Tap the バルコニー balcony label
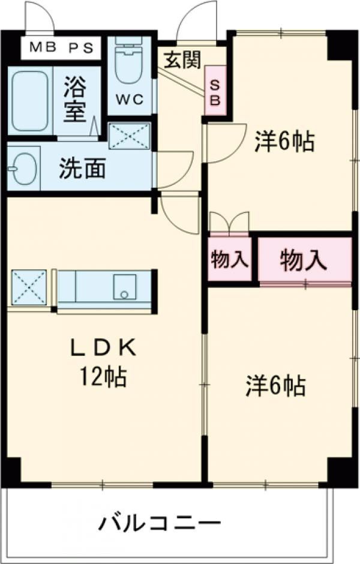click(x=160, y=523)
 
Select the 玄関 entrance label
click(x=182, y=60)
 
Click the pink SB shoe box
click(x=215, y=90)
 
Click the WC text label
click(x=130, y=99)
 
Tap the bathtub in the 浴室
click(x=30, y=101)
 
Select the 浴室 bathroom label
click(x=76, y=99)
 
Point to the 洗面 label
click(x=82, y=168)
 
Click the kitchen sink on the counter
click(x=124, y=287)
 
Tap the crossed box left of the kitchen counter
click(x=29, y=287)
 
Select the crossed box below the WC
click(x=130, y=136)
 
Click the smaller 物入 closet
click(x=229, y=260)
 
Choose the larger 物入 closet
click(x=304, y=259)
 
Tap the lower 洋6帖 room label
click(x=276, y=385)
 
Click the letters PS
click(x=81, y=48)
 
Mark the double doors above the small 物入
click(x=229, y=223)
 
